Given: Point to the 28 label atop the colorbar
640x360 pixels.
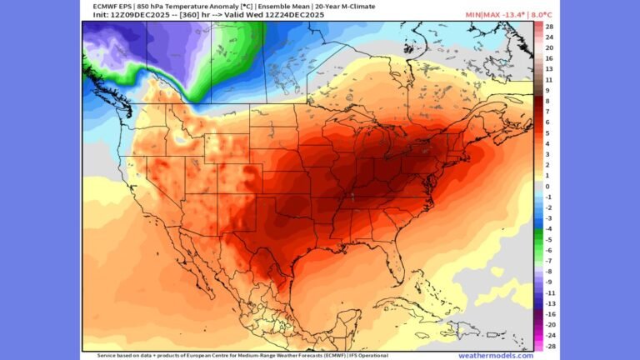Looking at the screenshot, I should pos(550,27).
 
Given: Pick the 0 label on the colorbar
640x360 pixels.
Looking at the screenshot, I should pos(548,186).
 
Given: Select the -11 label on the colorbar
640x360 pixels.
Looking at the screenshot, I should pos(550,292).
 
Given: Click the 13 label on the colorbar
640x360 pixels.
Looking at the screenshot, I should pos(550,69).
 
